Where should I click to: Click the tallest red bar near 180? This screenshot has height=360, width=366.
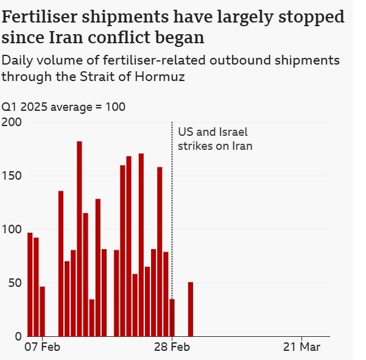tap(79, 238)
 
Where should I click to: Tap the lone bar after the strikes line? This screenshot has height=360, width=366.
tap(190, 309)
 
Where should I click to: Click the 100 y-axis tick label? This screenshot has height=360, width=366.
tap(12, 230)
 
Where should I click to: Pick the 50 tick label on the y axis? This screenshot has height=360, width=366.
tap(15, 283)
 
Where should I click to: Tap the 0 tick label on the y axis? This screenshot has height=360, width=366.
tap(18, 336)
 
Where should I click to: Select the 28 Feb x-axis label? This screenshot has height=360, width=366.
tap(172, 347)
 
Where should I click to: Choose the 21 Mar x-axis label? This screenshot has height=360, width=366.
tap(302, 347)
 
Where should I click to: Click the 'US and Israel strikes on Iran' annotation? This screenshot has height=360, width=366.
tap(214, 139)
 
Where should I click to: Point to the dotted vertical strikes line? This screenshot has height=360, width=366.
tap(172, 213)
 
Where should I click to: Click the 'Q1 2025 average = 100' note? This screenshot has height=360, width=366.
tap(63, 107)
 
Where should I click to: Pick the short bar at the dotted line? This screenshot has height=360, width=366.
tap(172, 317)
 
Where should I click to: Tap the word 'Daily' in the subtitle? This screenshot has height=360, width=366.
tap(17, 61)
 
